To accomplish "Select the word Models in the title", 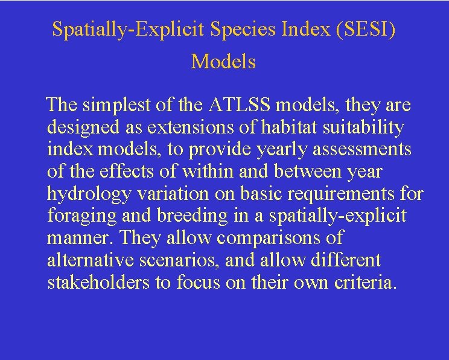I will pyautogui.click(x=223, y=62).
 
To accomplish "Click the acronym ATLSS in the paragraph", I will pyautogui.click(x=241, y=106).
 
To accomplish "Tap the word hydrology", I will pyautogui.click(x=85, y=193).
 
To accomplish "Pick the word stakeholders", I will pyautogui.click(x=99, y=281).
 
